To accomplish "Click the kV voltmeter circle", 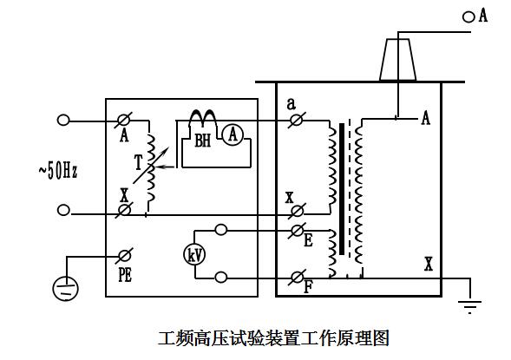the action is (194, 255).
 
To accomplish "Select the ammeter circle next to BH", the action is (233, 134).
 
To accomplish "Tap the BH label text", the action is (203, 141).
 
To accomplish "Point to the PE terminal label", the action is (125, 275).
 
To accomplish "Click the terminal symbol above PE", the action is (124, 256).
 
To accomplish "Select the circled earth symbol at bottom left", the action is (66, 288).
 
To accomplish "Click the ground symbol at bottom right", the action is (469, 306).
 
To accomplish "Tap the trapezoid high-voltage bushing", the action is (397, 60).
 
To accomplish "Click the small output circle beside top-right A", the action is (468, 17).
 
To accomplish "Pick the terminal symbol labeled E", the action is (298, 231).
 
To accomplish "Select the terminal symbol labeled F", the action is (298, 278).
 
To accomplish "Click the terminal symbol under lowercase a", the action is (297, 121).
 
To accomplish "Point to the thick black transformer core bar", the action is (342, 189).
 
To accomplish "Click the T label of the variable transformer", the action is (139, 162).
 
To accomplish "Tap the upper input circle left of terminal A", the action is (63, 121).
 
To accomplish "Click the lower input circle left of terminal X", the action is (63, 210).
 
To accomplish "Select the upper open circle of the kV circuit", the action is (221, 230).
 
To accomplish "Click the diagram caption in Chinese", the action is (273, 338).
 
